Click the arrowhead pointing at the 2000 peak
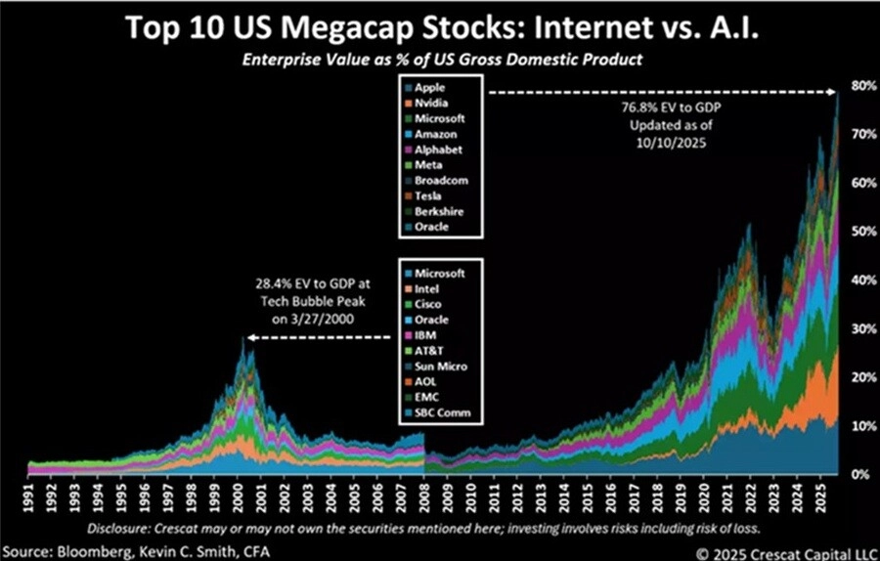(x=249, y=338)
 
